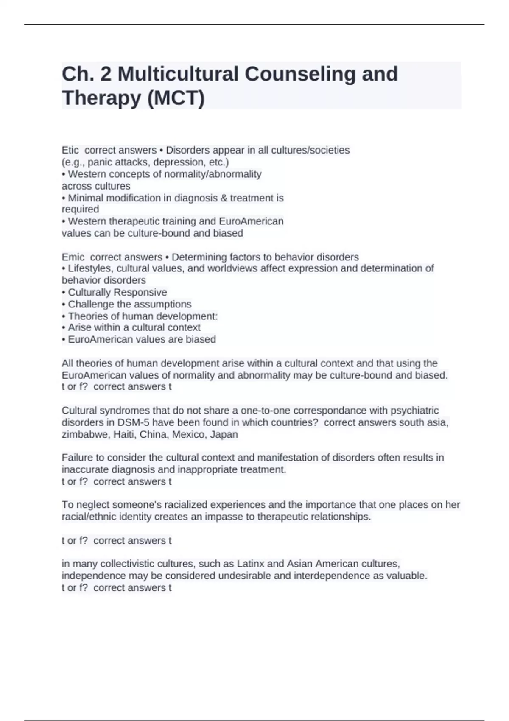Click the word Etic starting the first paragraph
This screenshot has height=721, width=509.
[70, 150]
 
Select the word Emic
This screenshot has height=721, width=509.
[73, 257]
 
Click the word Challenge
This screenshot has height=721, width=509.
[88, 304]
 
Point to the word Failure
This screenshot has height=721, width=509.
[76, 458]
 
